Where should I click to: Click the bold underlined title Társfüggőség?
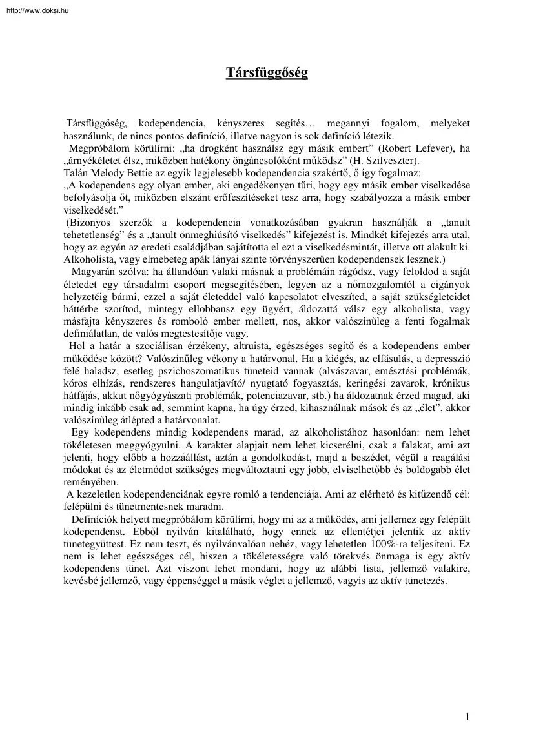[267, 73]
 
